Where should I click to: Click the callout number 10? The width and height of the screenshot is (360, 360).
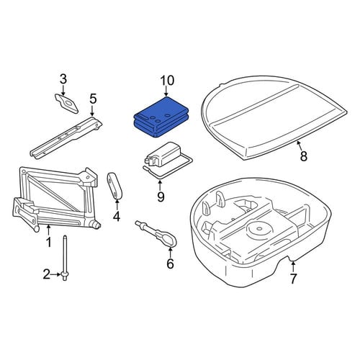coord(167,81)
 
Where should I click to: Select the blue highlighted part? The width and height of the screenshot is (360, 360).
coord(161,117)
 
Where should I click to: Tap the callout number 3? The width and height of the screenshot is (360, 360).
coord(63,79)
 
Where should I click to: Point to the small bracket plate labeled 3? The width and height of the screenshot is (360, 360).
coord(66,103)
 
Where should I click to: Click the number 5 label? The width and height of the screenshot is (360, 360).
coord(93,99)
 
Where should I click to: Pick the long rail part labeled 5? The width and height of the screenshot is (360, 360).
coord(66,137)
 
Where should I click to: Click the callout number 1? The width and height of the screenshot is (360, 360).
coord(49,243)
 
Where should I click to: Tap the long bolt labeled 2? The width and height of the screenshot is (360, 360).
coord(65,258)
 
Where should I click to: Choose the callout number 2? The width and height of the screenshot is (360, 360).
coord(47,274)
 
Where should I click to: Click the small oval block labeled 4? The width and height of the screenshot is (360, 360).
coord(114,185)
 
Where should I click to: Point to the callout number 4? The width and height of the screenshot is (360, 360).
coord(117,217)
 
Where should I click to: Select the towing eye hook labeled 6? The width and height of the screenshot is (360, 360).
coord(156,233)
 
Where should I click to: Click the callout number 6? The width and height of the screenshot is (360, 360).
coord(170,264)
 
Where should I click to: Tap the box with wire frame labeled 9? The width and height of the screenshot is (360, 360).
coord(168,160)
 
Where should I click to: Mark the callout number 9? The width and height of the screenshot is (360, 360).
coord(161,197)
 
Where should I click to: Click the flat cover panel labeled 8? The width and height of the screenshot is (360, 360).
coord(274,117)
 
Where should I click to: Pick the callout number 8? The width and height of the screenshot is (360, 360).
coord(304,156)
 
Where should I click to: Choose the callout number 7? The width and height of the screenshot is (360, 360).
coord(293,279)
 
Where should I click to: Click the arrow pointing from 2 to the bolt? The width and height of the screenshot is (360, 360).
coord(56,274)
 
